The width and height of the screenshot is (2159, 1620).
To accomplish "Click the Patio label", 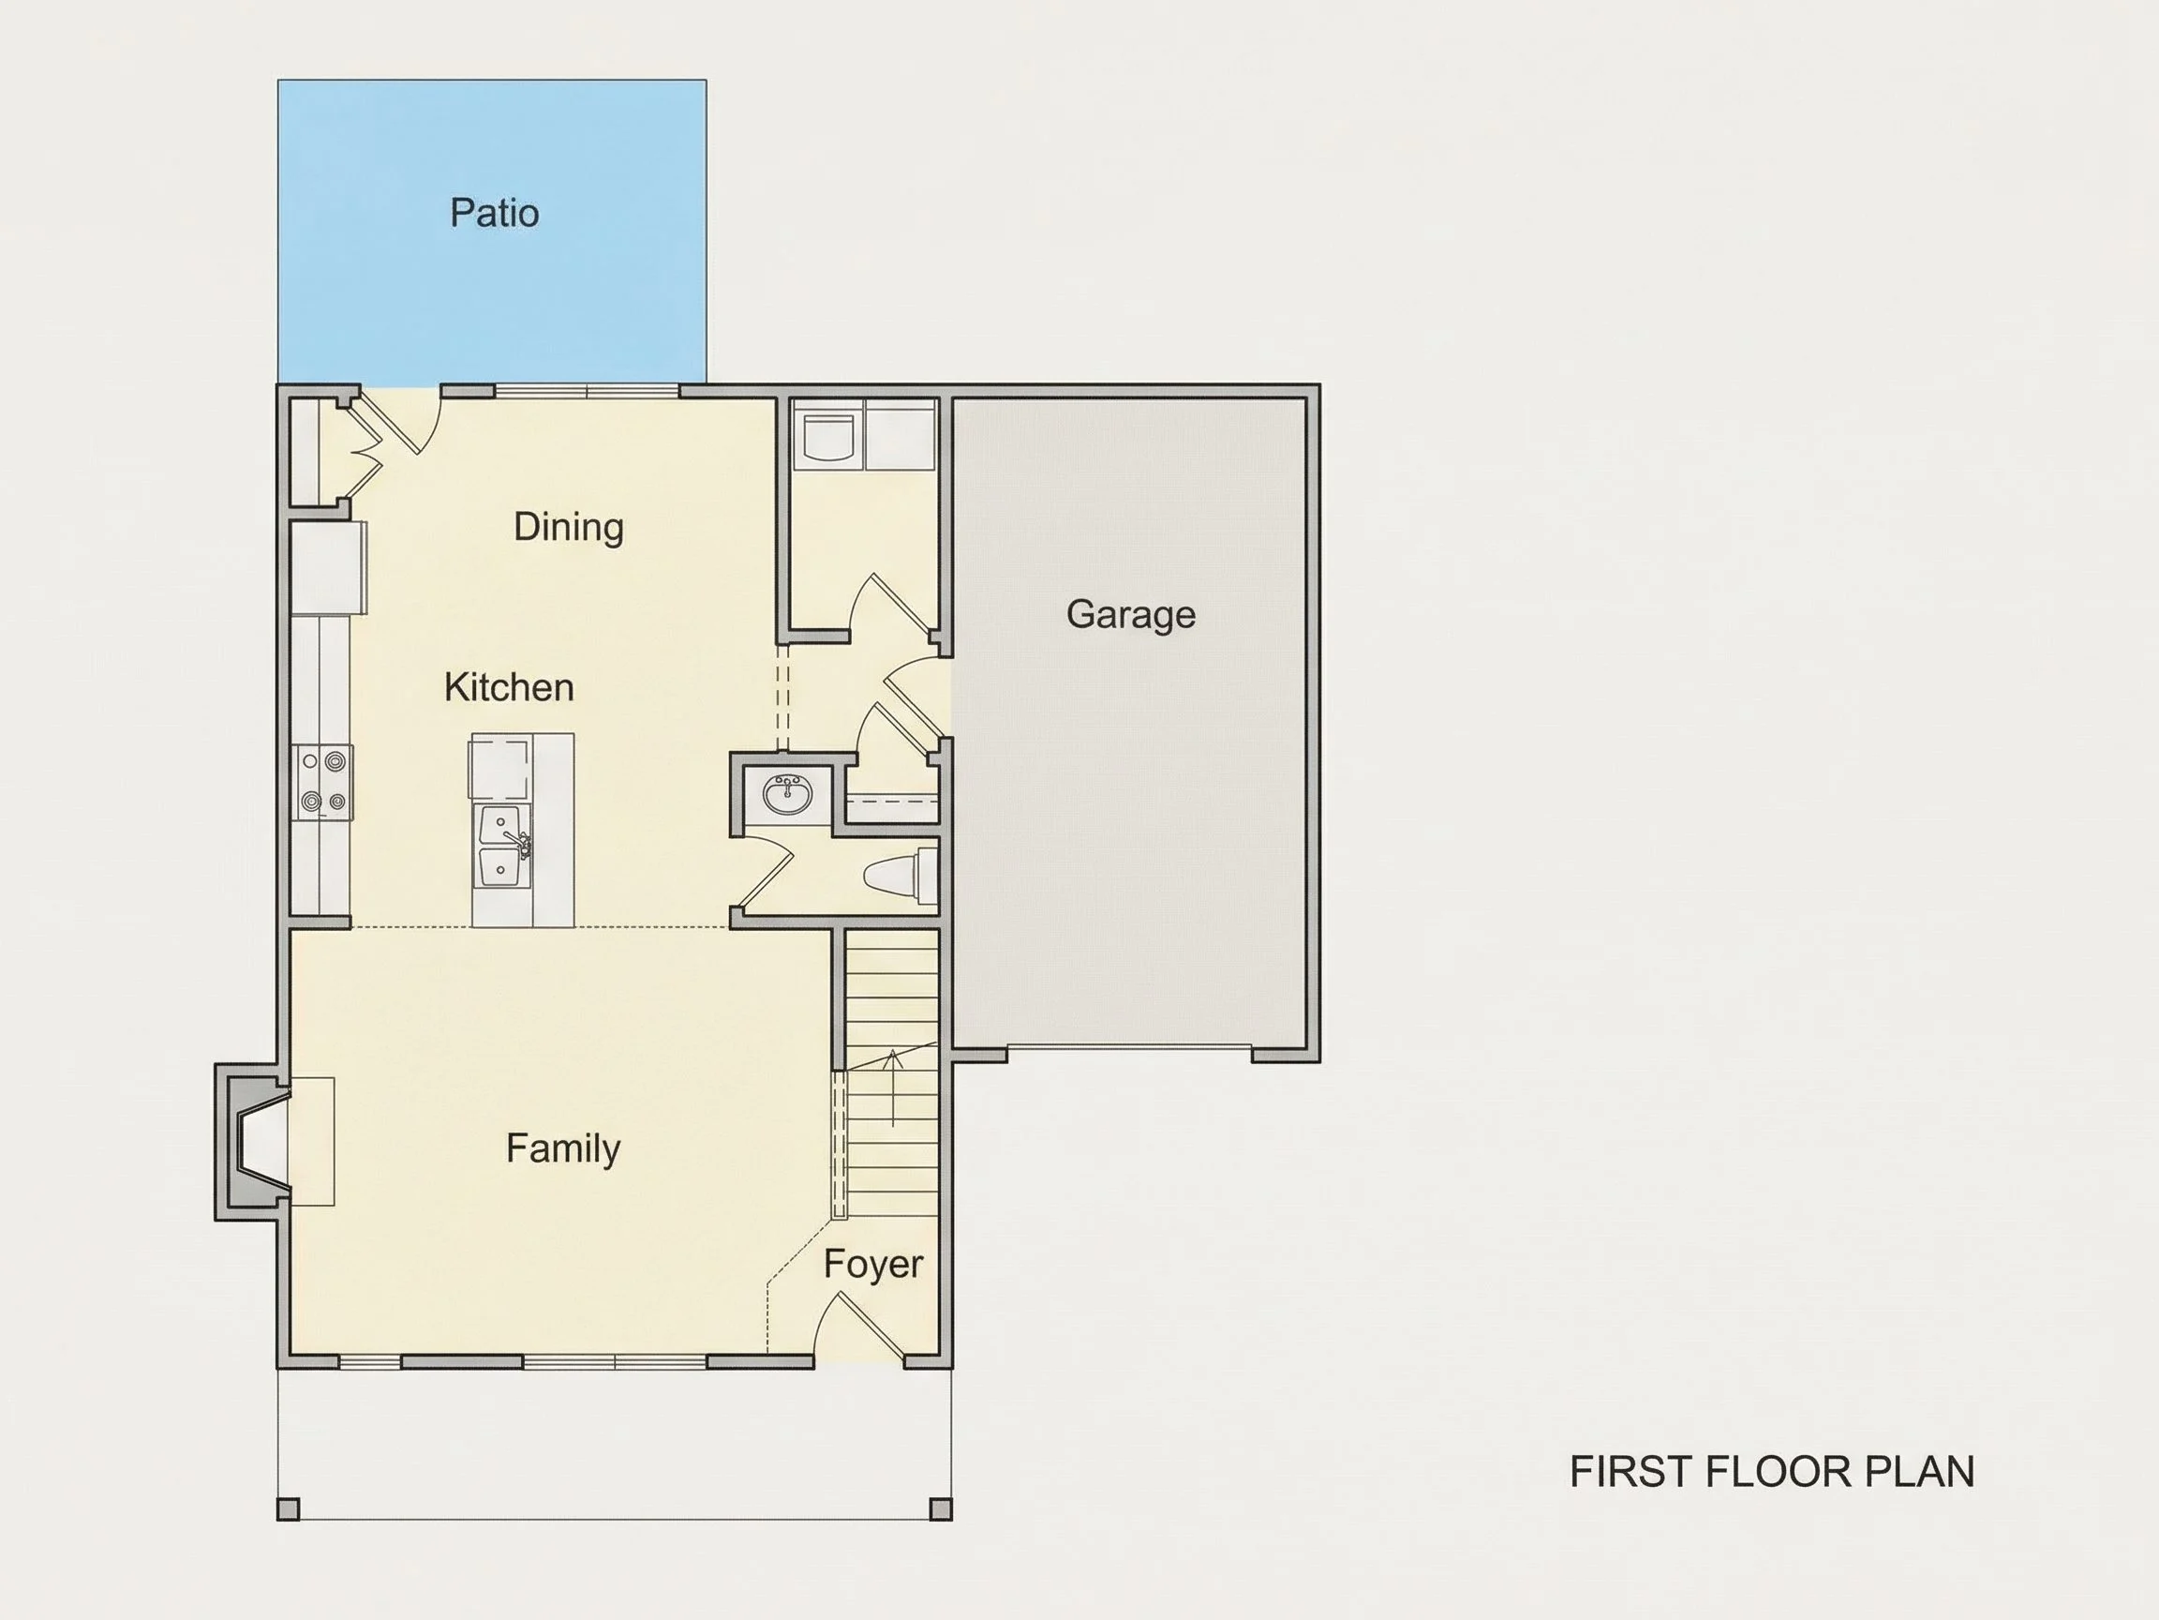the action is coord(494,213).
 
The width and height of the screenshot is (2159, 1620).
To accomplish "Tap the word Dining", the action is coord(568,527).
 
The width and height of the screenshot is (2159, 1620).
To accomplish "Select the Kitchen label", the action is coord(509,687).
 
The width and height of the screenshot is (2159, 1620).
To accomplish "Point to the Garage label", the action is coord(1130,615).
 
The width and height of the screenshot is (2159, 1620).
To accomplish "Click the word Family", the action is coord(563,1148).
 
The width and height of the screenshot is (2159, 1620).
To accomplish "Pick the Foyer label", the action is coord(872,1265).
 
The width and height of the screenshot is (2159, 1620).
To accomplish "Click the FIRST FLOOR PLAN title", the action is coord(1771,1472).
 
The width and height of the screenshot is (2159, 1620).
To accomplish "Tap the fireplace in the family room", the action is coord(254,1142).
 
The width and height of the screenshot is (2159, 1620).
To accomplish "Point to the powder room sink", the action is coord(787,797).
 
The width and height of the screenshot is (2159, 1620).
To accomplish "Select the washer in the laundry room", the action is coord(828,435).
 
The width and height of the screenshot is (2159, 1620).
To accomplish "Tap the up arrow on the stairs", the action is coord(892,1087).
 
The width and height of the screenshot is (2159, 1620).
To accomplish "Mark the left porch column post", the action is coord(288,1509).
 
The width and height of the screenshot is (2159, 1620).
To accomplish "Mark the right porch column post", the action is coord(941,1509).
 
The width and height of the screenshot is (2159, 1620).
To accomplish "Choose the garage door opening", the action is coord(1129,1049).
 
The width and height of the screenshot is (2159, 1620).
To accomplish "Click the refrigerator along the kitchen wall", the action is coord(329,568).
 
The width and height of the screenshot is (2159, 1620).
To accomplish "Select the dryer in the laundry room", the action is coord(901,435).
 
